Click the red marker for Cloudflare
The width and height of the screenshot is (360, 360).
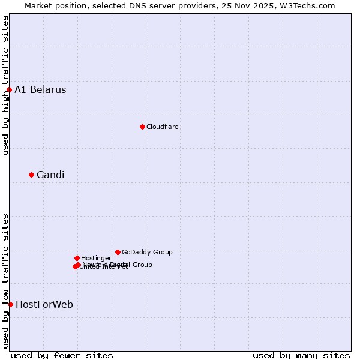point(142,127)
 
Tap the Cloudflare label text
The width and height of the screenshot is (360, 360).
point(163,127)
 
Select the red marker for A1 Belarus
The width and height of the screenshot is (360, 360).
point(9,90)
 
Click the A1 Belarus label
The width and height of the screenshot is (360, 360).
point(40,90)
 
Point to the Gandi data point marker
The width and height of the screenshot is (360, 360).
point(31,175)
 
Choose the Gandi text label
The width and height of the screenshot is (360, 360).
point(50,175)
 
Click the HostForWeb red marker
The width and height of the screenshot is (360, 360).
point(10,304)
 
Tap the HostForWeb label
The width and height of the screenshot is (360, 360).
point(44,305)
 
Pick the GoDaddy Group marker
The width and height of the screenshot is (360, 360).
point(118,252)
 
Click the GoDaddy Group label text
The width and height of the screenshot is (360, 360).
point(147,252)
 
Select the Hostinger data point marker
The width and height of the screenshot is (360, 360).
point(77,258)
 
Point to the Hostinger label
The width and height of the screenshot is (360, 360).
point(96,258)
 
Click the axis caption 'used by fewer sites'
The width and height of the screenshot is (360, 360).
point(62,356)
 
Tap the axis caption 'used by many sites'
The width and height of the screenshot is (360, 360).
point(301,356)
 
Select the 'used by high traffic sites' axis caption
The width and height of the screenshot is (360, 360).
point(5,85)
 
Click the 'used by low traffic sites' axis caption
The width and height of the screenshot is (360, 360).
point(5,281)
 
